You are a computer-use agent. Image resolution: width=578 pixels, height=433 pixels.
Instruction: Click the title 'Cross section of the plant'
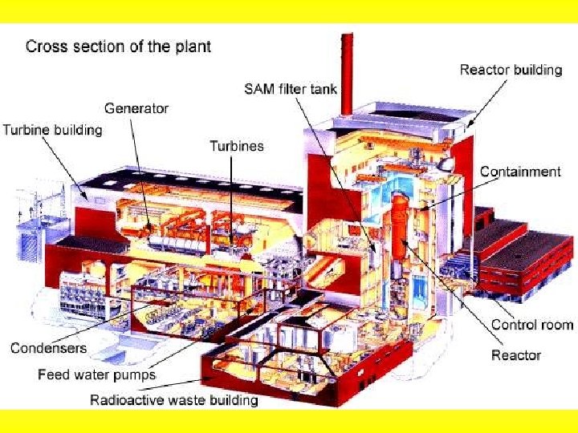pyautogui.click(x=118, y=46)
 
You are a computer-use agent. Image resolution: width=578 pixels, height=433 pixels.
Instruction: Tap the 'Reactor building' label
pyautogui.click(x=511, y=70)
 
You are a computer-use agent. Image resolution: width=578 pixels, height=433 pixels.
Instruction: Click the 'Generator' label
pyautogui.click(x=136, y=108)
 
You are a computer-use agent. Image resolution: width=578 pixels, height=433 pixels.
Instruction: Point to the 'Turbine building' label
pyautogui.click(x=53, y=129)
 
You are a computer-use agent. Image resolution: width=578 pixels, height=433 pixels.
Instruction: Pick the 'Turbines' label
pyautogui.click(x=236, y=145)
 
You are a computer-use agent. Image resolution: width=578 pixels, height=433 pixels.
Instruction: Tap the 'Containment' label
pyautogui.click(x=520, y=172)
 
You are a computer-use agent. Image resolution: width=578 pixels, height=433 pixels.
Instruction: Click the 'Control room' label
pyautogui.click(x=532, y=325)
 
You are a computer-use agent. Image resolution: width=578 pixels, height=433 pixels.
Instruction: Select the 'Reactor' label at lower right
pyautogui.click(x=516, y=354)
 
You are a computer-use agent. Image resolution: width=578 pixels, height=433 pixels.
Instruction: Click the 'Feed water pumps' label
pyautogui.click(x=97, y=374)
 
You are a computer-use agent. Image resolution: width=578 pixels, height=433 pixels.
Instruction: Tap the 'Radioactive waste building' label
pyautogui.click(x=173, y=399)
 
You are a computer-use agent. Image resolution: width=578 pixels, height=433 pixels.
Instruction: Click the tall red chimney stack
pyautogui.click(x=347, y=72)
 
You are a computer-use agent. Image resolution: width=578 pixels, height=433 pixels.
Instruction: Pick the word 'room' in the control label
pyautogui.click(x=556, y=325)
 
